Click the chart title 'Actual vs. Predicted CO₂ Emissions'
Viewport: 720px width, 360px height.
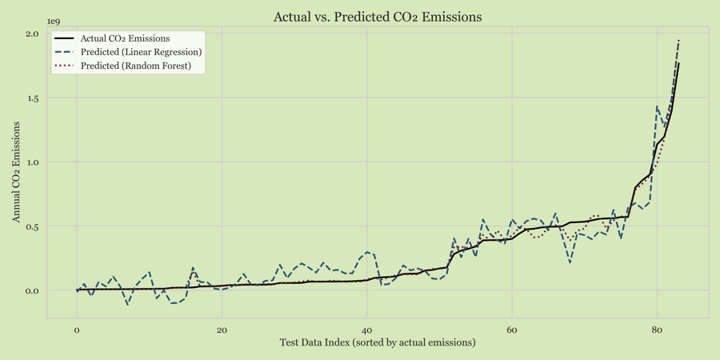[x=378, y=17]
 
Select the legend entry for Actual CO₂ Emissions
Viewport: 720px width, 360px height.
[x=125, y=38]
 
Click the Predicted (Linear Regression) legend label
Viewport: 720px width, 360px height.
[x=141, y=52]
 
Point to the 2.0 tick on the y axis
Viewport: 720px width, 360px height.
[x=32, y=34]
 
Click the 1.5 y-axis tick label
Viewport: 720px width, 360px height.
[x=32, y=98]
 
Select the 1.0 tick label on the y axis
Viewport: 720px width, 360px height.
[x=32, y=162]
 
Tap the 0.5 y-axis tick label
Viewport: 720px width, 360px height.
[x=32, y=226]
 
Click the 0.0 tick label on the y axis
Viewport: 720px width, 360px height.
[x=32, y=291]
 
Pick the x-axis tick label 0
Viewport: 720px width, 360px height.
[x=77, y=330]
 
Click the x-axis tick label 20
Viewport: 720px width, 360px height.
[x=222, y=330]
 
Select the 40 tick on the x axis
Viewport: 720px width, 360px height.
[x=366, y=330]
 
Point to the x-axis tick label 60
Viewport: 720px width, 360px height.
[x=512, y=330]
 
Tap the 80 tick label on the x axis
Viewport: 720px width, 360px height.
[x=657, y=330]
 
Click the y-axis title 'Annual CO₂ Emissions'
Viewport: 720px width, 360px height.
[x=16, y=172]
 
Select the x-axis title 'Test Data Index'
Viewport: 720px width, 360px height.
[x=378, y=343]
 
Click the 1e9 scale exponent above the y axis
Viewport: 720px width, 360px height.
[x=53, y=22]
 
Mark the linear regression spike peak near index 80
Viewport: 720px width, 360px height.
[x=657, y=106]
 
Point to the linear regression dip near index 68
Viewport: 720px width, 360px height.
[x=570, y=262]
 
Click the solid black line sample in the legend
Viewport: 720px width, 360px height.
[x=64, y=38]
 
